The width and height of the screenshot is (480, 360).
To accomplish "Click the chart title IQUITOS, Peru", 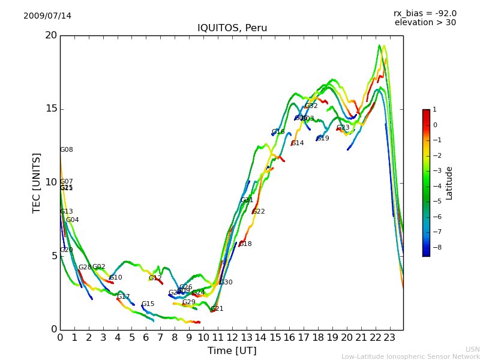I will [x=232, y=28].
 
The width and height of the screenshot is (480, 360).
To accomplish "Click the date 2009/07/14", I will [x=47, y=16].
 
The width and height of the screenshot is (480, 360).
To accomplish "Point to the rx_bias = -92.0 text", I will [x=425, y=13].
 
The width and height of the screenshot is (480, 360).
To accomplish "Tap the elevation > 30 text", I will [x=425, y=23].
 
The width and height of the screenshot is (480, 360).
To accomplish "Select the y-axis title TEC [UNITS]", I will [x=37, y=182].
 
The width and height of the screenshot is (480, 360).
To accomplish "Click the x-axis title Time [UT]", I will [x=232, y=350].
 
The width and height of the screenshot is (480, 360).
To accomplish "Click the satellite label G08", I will [x=67, y=150].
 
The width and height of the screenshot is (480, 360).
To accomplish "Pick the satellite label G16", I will [x=278, y=132].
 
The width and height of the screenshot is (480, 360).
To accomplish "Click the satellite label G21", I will [x=217, y=309].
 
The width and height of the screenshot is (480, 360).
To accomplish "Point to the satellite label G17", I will [x=124, y=297].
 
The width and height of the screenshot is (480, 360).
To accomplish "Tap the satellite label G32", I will [x=311, y=106].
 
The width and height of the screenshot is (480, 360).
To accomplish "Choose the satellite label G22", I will [x=259, y=212].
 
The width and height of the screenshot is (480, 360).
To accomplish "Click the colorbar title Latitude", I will [x=449, y=183].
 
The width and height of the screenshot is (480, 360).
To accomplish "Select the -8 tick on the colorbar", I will [x=434, y=247].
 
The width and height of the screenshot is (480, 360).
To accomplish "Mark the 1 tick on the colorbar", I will [x=434, y=110].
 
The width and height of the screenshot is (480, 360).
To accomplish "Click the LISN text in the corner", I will [x=472, y=349].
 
